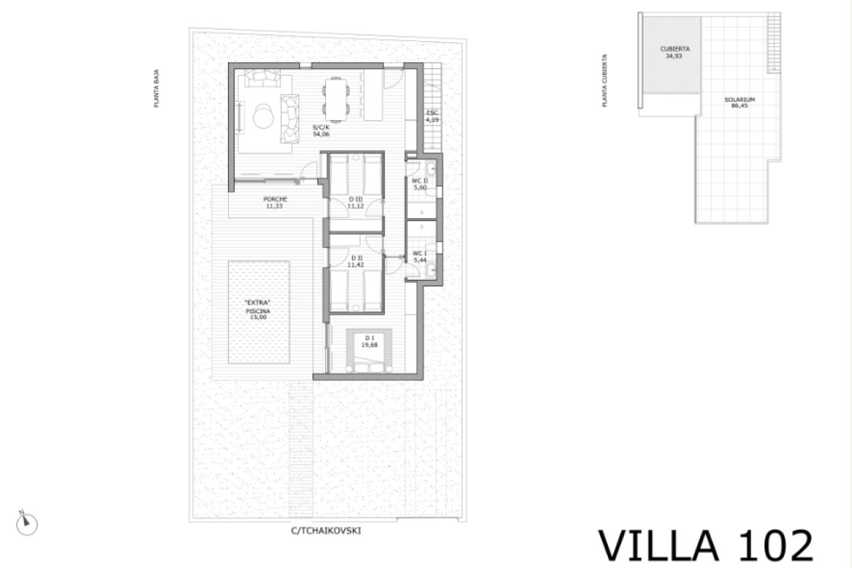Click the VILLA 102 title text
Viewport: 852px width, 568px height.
click(706, 545)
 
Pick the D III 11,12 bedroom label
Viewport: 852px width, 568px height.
click(355, 202)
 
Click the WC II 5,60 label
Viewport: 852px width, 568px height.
click(420, 185)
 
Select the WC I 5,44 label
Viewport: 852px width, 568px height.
click(420, 256)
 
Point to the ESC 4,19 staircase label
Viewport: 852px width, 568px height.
click(432, 117)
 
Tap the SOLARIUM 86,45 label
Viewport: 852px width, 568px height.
click(739, 103)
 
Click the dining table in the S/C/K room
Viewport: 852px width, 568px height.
click(337, 97)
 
